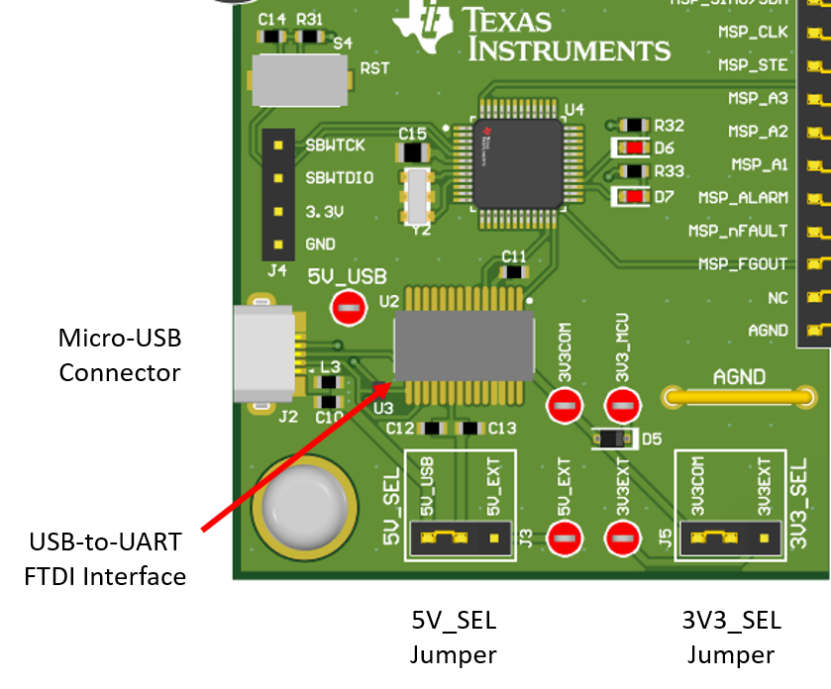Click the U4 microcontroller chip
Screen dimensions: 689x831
coord(518,162)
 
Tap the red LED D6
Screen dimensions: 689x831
coord(632,148)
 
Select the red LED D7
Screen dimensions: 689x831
coord(632,196)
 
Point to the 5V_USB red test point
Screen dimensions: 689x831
coord(348,308)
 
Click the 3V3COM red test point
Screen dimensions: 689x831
coord(565,405)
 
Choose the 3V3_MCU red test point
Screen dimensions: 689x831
coord(622,405)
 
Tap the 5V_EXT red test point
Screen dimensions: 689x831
coord(565,539)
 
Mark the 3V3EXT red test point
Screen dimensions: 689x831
coord(622,539)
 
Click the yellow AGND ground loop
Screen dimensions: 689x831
coord(739,397)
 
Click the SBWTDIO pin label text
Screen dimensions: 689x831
coord(340,178)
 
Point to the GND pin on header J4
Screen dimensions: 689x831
coord(278,245)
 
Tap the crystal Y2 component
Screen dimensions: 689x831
coord(418,195)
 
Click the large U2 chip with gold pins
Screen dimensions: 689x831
coord(464,345)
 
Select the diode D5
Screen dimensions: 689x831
coord(612,439)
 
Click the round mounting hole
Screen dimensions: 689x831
coord(305,506)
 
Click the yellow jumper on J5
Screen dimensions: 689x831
coord(715,538)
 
